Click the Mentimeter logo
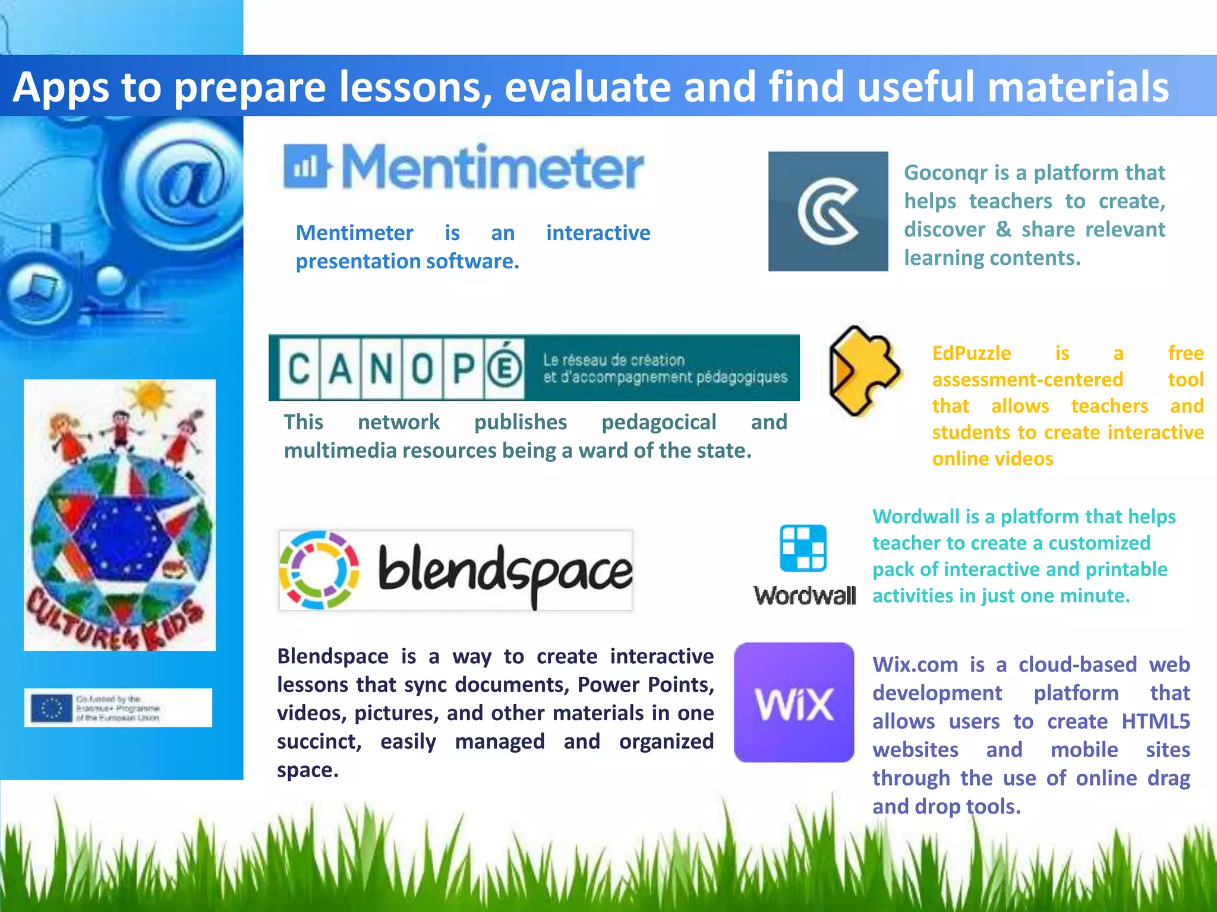click(464, 167)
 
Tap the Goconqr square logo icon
click(828, 211)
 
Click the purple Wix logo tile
click(794, 702)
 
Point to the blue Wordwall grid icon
click(803, 548)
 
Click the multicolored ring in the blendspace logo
click(319, 570)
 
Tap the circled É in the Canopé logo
click(505, 369)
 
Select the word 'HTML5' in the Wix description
click(1155, 721)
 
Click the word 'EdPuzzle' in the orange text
click(971, 353)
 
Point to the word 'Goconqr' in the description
click(947, 173)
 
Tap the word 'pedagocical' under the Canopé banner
click(658, 422)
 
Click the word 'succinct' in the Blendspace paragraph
click(319, 742)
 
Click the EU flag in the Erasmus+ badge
click(51, 708)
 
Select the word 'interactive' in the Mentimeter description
click(598, 233)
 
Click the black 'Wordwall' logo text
click(805, 596)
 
